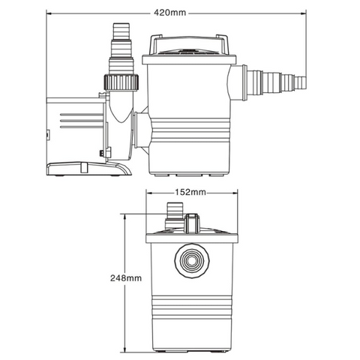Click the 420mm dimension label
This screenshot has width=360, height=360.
170,13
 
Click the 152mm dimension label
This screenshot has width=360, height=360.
190,192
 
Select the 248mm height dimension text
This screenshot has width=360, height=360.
126,278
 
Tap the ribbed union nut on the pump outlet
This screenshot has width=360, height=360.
121,82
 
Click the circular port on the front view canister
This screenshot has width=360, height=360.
192,261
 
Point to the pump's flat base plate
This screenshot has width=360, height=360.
88,169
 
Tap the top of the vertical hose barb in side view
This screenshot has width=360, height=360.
121,24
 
